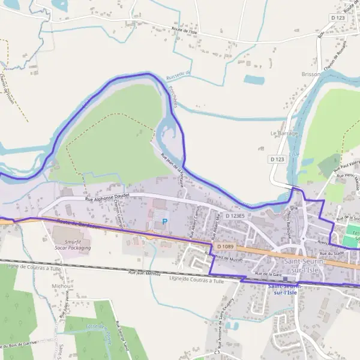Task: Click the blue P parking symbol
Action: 165,222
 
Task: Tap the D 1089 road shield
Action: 225,247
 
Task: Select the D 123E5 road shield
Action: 236,215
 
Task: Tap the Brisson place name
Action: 311,74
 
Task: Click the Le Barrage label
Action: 284,133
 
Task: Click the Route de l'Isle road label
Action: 185,30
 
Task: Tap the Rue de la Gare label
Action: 268,274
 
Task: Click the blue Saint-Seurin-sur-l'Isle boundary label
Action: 286,289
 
